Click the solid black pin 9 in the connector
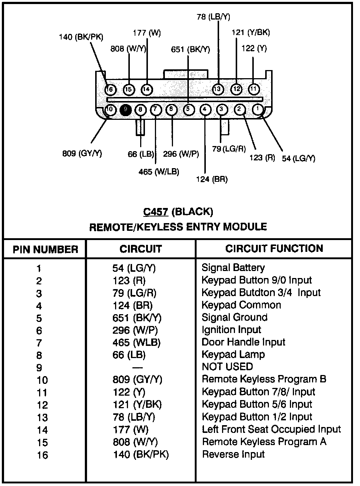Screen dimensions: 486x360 pyautogui.click(x=126, y=110)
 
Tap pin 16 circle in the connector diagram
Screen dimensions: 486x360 pyautogui.click(x=110, y=89)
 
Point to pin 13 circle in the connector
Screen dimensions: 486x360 pyautogui.click(x=218, y=89)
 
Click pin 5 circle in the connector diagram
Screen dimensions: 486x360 pyautogui.click(x=188, y=110)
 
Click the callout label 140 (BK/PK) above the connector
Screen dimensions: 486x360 pyautogui.click(x=81, y=37)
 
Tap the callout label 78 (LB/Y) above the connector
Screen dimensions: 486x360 pyautogui.click(x=213, y=17)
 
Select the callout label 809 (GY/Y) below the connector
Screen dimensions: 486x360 pyautogui.click(x=82, y=153)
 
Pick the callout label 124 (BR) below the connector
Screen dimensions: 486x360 pyautogui.click(x=212, y=179)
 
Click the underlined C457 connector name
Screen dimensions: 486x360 pyautogui.click(x=156, y=212)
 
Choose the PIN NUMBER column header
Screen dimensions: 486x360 pyautogui.click(x=45, y=249)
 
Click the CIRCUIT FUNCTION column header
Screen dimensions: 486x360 pyautogui.click(x=274, y=249)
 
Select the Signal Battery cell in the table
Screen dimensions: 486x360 pyautogui.click(x=233, y=268)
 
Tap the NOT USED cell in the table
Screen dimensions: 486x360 pyautogui.click(x=227, y=367)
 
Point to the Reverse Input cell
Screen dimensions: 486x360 pyautogui.click(x=233, y=454)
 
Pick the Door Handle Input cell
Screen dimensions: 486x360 pyautogui.click(x=243, y=342)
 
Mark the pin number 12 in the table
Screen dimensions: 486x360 pyautogui.click(x=42, y=405)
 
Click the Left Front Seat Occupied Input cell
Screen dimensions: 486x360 pyautogui.click(x=271, y=429)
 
